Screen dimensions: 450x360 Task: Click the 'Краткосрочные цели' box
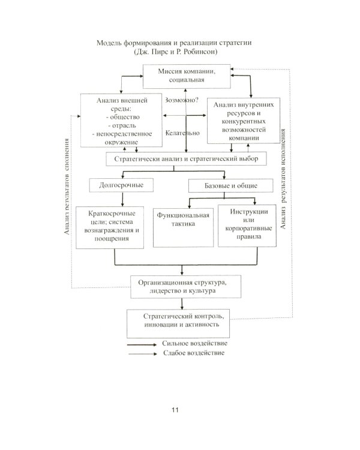pyautogui.click(x=112, y=226)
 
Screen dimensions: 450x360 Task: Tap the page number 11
pyautogui.click(x=175, y=410)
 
